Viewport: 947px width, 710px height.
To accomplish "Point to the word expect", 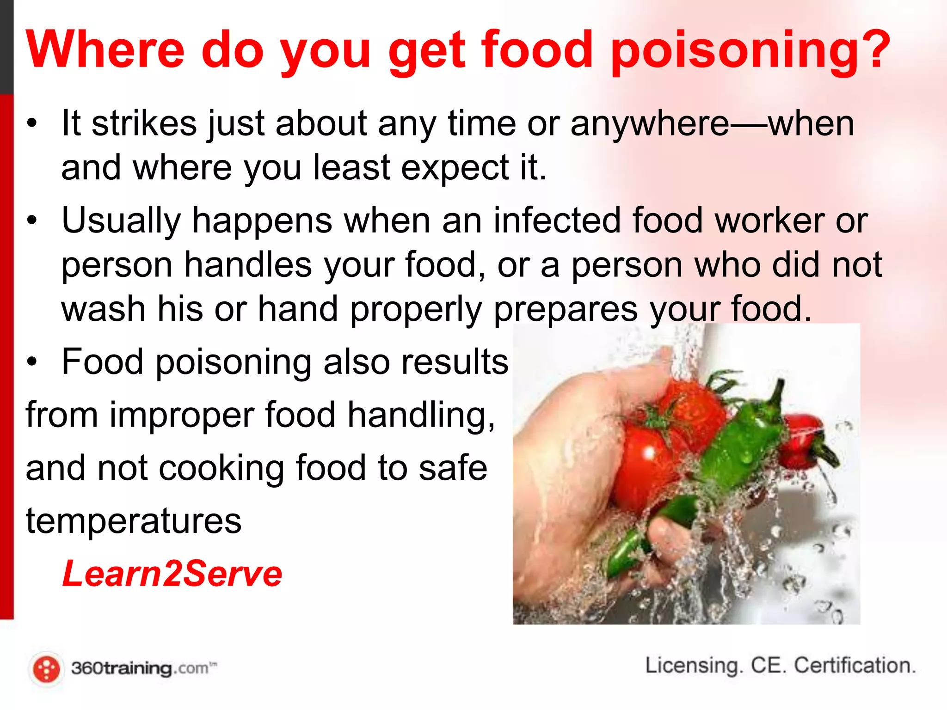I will [x=455, y=168].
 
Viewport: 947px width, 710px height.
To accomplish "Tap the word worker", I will [x=770, y=220].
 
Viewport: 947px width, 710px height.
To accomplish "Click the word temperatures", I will [x=134, y=521].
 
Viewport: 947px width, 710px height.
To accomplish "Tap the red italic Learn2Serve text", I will [x=172, y=574].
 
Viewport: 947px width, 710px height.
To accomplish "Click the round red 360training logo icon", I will [x=47, y=669].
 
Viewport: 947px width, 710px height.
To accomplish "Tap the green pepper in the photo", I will [x=735, y=444].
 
